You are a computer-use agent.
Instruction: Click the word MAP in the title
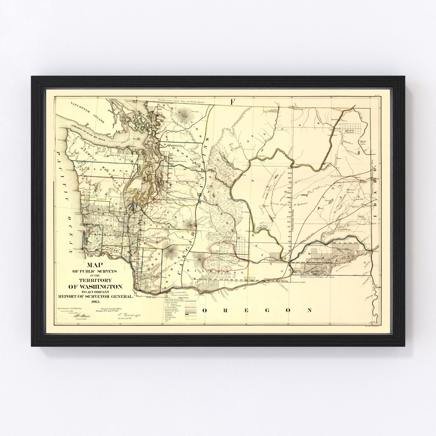tap(94, 265)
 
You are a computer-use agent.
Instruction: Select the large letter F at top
tap(232, 102)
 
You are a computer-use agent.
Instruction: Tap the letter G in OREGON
tap(267, 310)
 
